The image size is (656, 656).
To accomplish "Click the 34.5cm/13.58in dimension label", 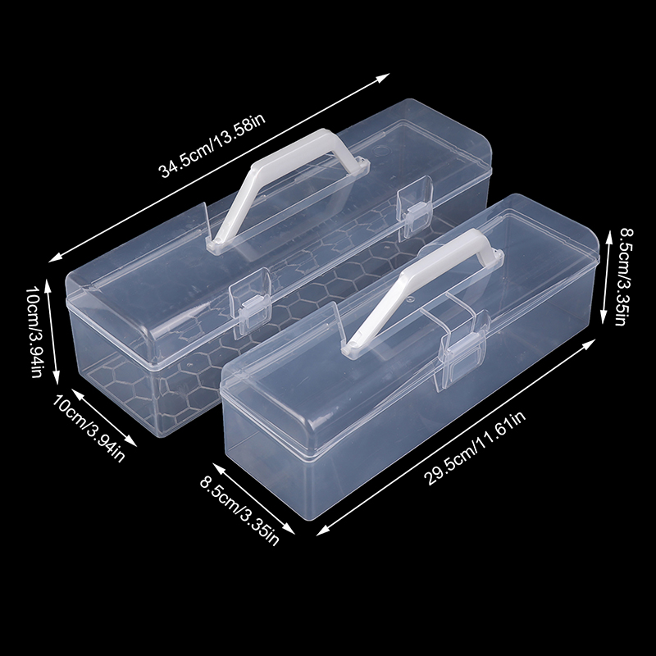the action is (x=212, y=146).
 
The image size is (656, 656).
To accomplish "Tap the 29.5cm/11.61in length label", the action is (x=476, y=449).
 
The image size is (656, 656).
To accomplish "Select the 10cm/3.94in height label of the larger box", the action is (x=34, y=332).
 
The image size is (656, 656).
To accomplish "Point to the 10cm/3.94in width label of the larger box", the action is (x=89, y=428).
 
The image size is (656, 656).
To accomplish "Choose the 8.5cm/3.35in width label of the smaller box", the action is (x=239, y=511).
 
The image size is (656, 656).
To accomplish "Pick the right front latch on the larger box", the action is (x=414, y=208).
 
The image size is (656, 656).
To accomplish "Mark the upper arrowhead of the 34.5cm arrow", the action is (x=383, y=78).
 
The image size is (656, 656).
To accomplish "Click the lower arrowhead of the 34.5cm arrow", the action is (x=55, y=258).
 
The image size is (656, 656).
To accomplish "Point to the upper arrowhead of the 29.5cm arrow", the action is (x=589, y=344).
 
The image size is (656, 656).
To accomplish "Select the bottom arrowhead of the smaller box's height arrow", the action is (x=604, y=317).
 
